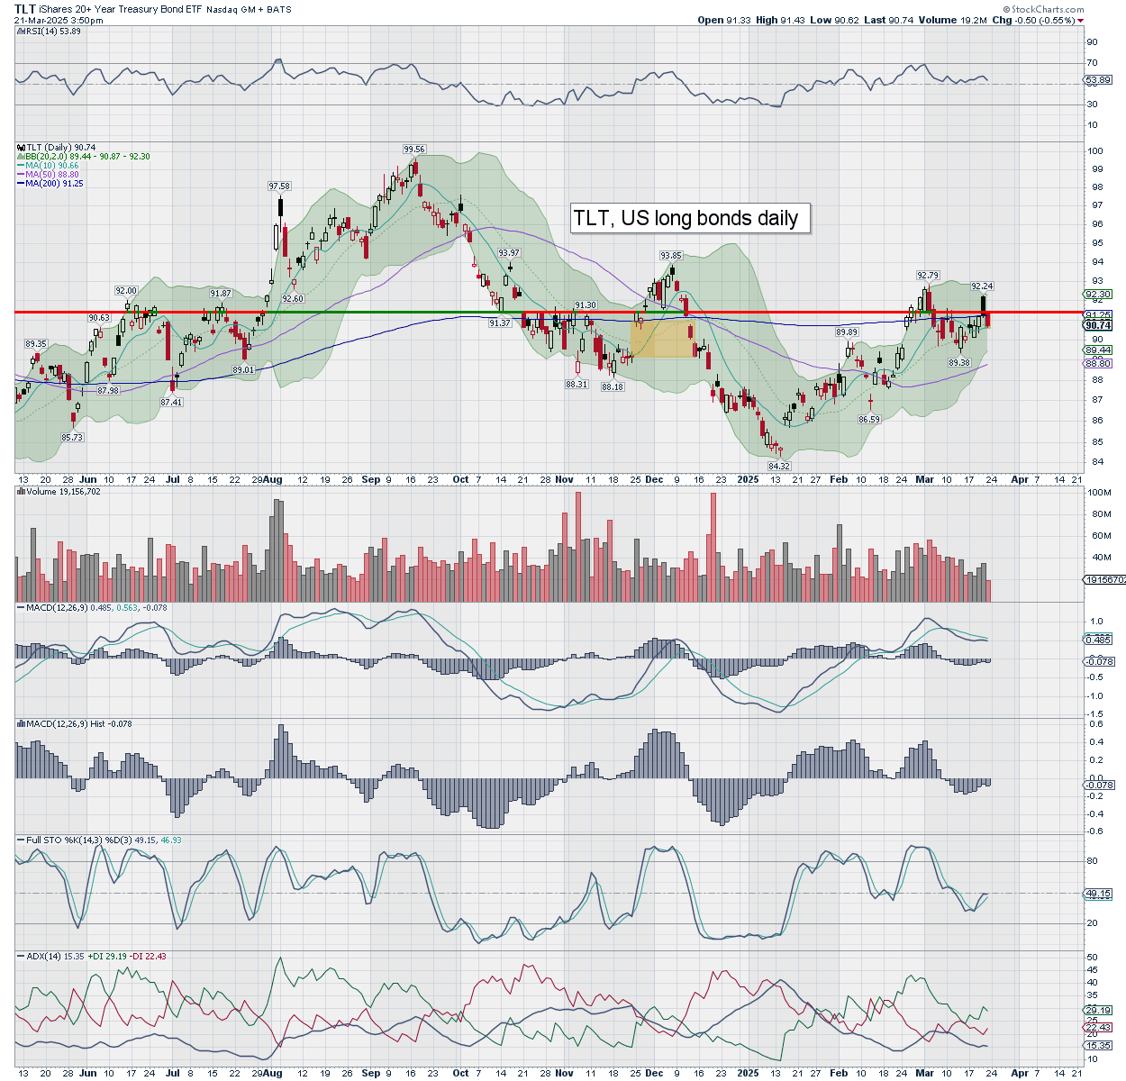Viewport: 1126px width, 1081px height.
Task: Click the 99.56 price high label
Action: (x=414, y=150)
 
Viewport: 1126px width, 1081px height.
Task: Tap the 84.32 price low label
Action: (x=779, y=466)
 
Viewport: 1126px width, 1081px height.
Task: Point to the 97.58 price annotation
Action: (x=279, y=186)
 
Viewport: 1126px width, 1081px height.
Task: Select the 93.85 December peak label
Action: (x=671, y=256)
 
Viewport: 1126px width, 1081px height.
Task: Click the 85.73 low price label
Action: (x=72, y=438)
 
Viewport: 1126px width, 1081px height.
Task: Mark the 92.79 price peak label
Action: (x=928, y=276)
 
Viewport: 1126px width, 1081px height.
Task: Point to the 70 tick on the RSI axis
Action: (x=1092, y=63)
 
